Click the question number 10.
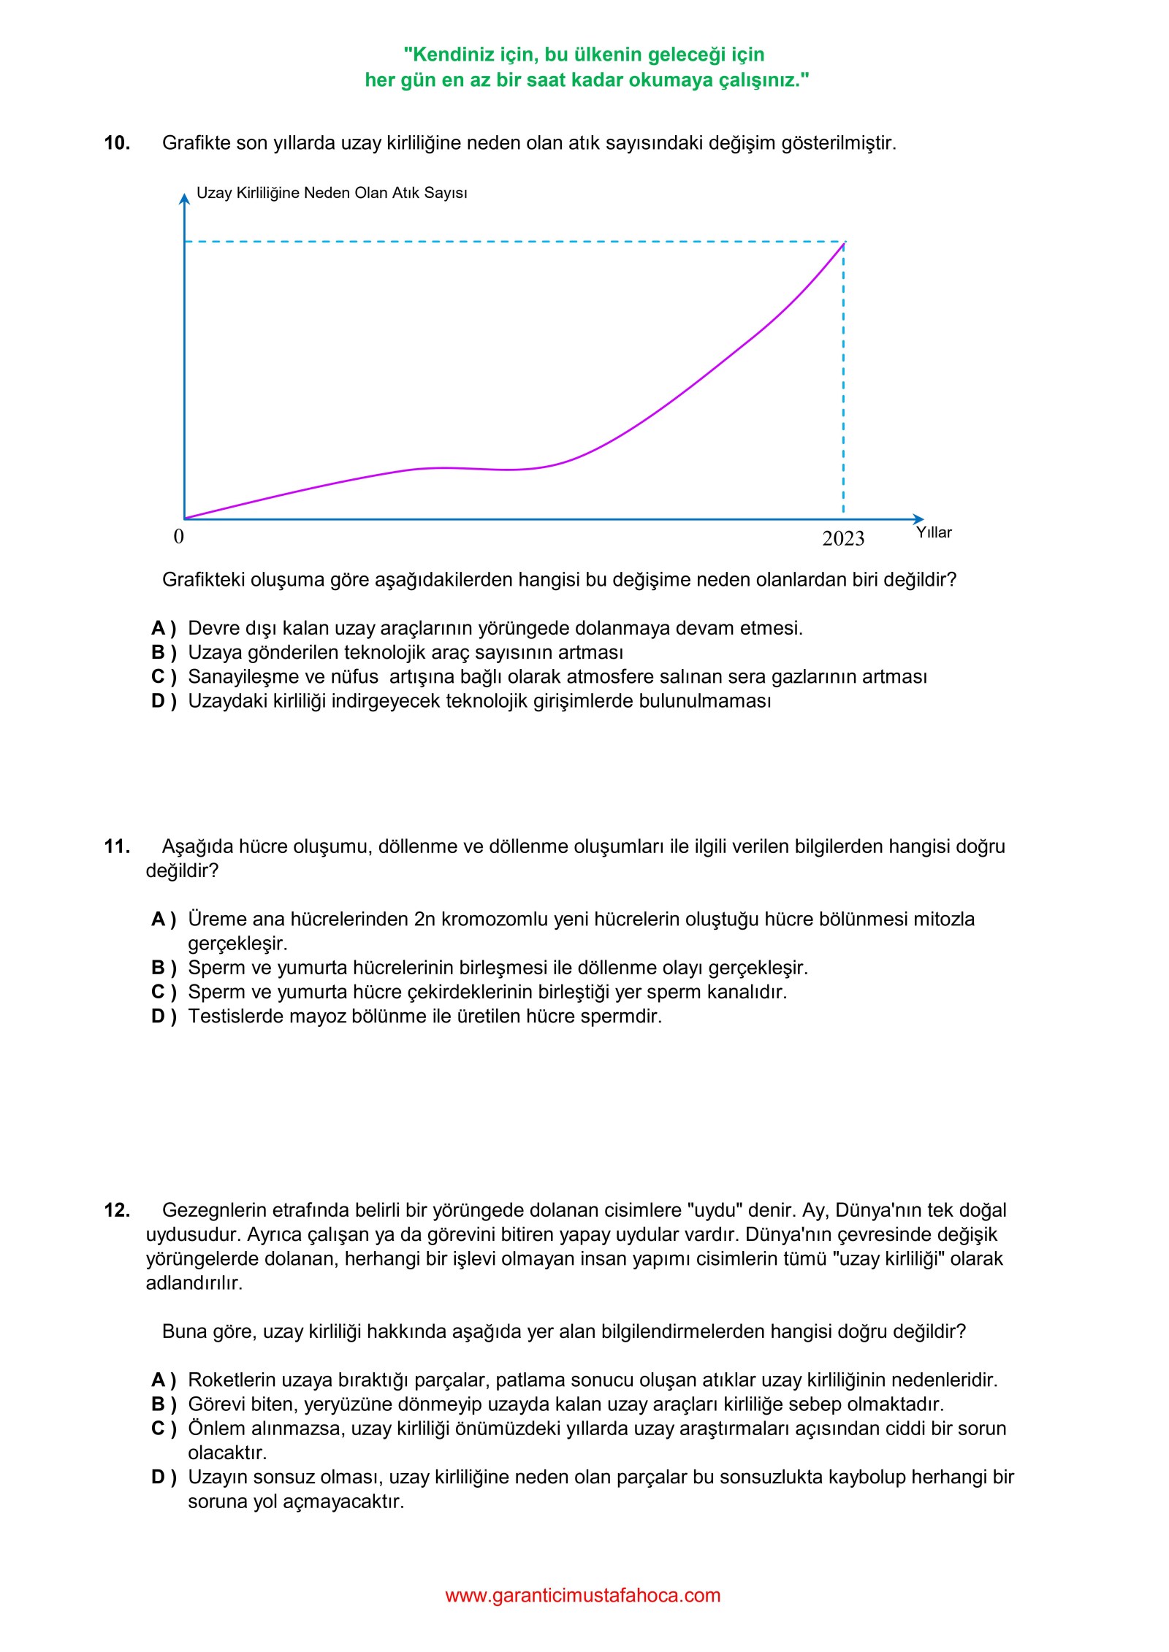[x=117, y=143]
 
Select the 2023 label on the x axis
[x=842, y=539]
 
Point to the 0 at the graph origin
[x=179, y=537]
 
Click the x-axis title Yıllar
[x=934, y=532]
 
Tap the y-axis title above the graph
[x=332, y=193]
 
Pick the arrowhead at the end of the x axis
[x=919, y=519]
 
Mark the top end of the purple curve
[x=844, y=243]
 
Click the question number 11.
[x=117, y=847]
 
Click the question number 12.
[x=117, y=1211]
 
